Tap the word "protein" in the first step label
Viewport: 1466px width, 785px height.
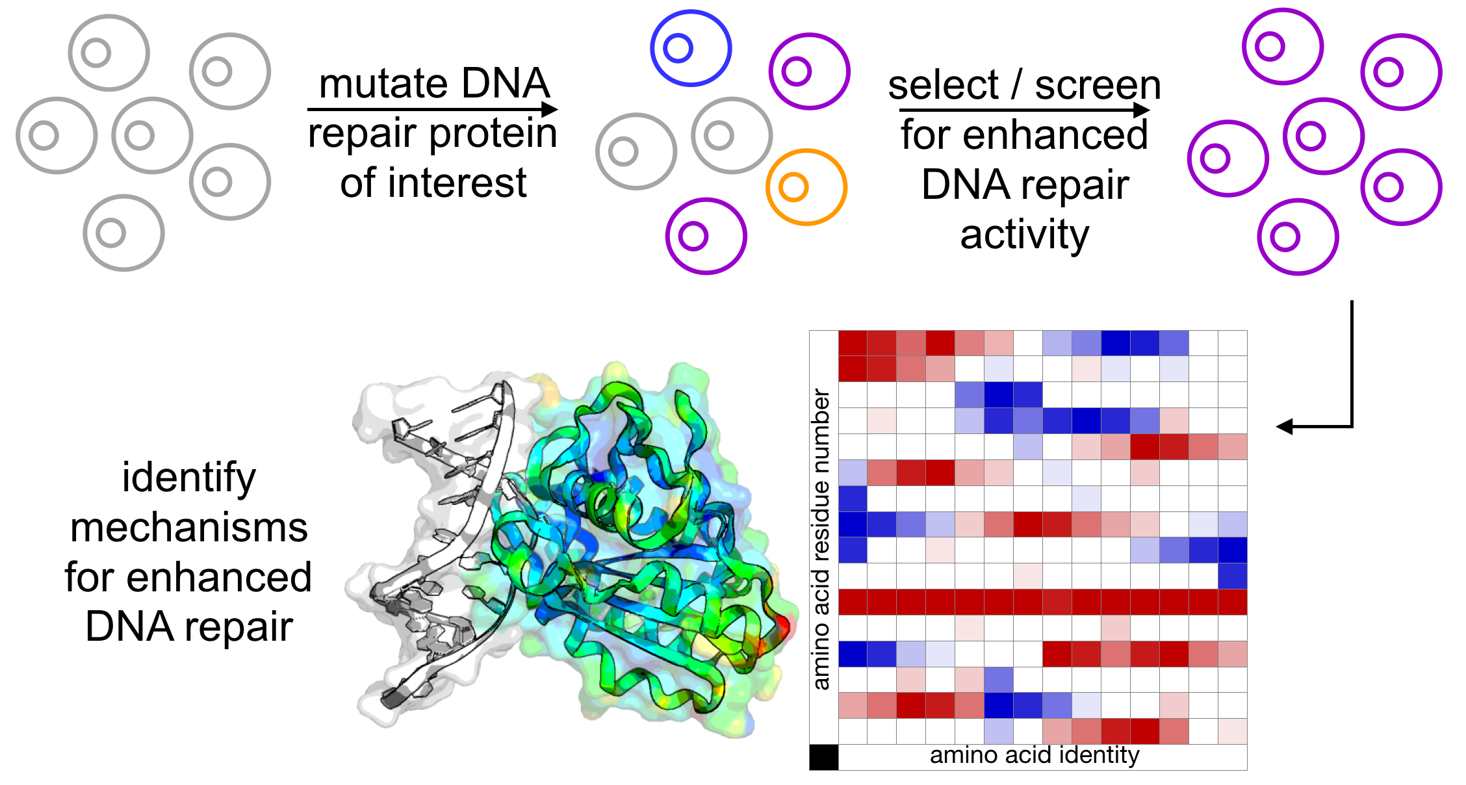[x=493, y=134]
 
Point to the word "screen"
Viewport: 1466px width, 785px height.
[x=1098, y=86]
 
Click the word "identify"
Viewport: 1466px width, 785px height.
[x=189, y=478]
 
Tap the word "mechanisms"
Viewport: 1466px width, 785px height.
[x=189, y=528]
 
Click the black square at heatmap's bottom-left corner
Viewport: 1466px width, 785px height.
[x=823, y=757]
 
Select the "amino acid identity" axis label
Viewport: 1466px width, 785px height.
[x=1035, y=755]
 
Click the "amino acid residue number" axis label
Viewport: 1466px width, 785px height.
[x=821, y=539]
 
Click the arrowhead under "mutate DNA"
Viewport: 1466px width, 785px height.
[x=550, y=109]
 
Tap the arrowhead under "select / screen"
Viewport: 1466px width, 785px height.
[x=1141, y=110]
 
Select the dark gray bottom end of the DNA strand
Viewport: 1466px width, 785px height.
[x=392, y=699]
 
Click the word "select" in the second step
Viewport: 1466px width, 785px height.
[x=943, y=86]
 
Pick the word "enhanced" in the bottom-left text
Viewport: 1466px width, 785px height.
[x=219, y=577]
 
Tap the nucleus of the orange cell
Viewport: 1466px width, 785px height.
[x=793, y=187]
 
